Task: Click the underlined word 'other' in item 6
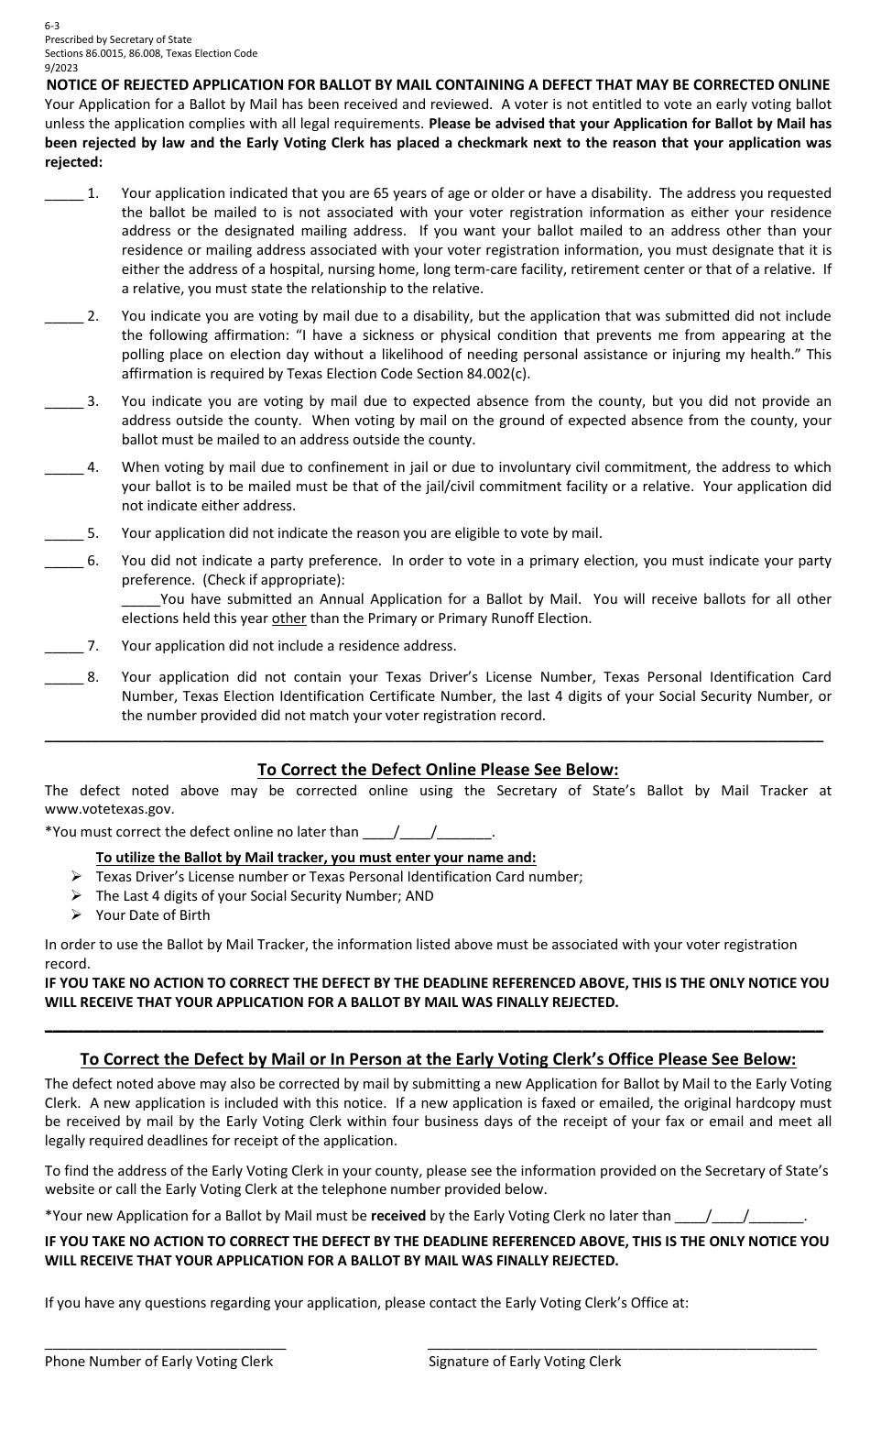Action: pyautogui.click(x=288, y=618)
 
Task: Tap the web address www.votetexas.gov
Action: pyautogui.click(x=108, y=809)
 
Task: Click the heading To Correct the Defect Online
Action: pyautogui.click(x=438, y=770)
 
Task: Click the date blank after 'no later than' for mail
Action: pyautogui.click(x=739, y=1216)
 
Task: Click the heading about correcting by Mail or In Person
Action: pyautogui.click(x=438, y=1059)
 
